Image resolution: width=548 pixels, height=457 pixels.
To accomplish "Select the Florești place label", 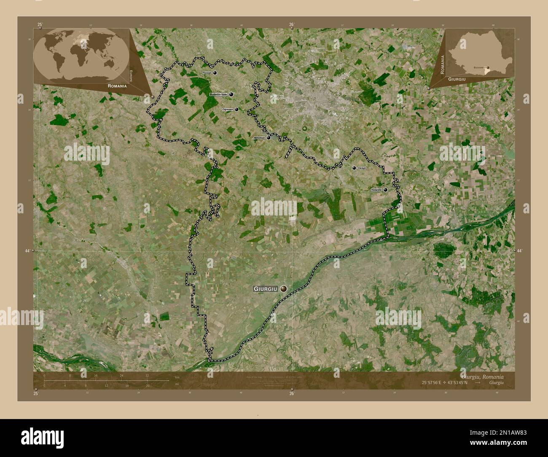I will pos(207,73).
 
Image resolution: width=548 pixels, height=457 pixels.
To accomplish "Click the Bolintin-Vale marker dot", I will pos(231,94).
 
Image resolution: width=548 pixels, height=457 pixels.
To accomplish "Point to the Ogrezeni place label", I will pos(228,110).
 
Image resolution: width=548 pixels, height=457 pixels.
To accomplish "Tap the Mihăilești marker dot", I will pos(269,137).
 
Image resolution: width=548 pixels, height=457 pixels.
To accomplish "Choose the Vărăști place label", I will pos(362,168).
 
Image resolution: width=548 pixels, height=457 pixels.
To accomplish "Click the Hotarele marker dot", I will pos(385,190).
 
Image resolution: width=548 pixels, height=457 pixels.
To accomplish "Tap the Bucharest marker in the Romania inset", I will pos(488,67).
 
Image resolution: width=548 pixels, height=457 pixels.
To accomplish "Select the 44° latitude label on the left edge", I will pos(27,251).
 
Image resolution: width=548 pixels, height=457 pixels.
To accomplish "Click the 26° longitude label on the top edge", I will pos(291,25).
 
